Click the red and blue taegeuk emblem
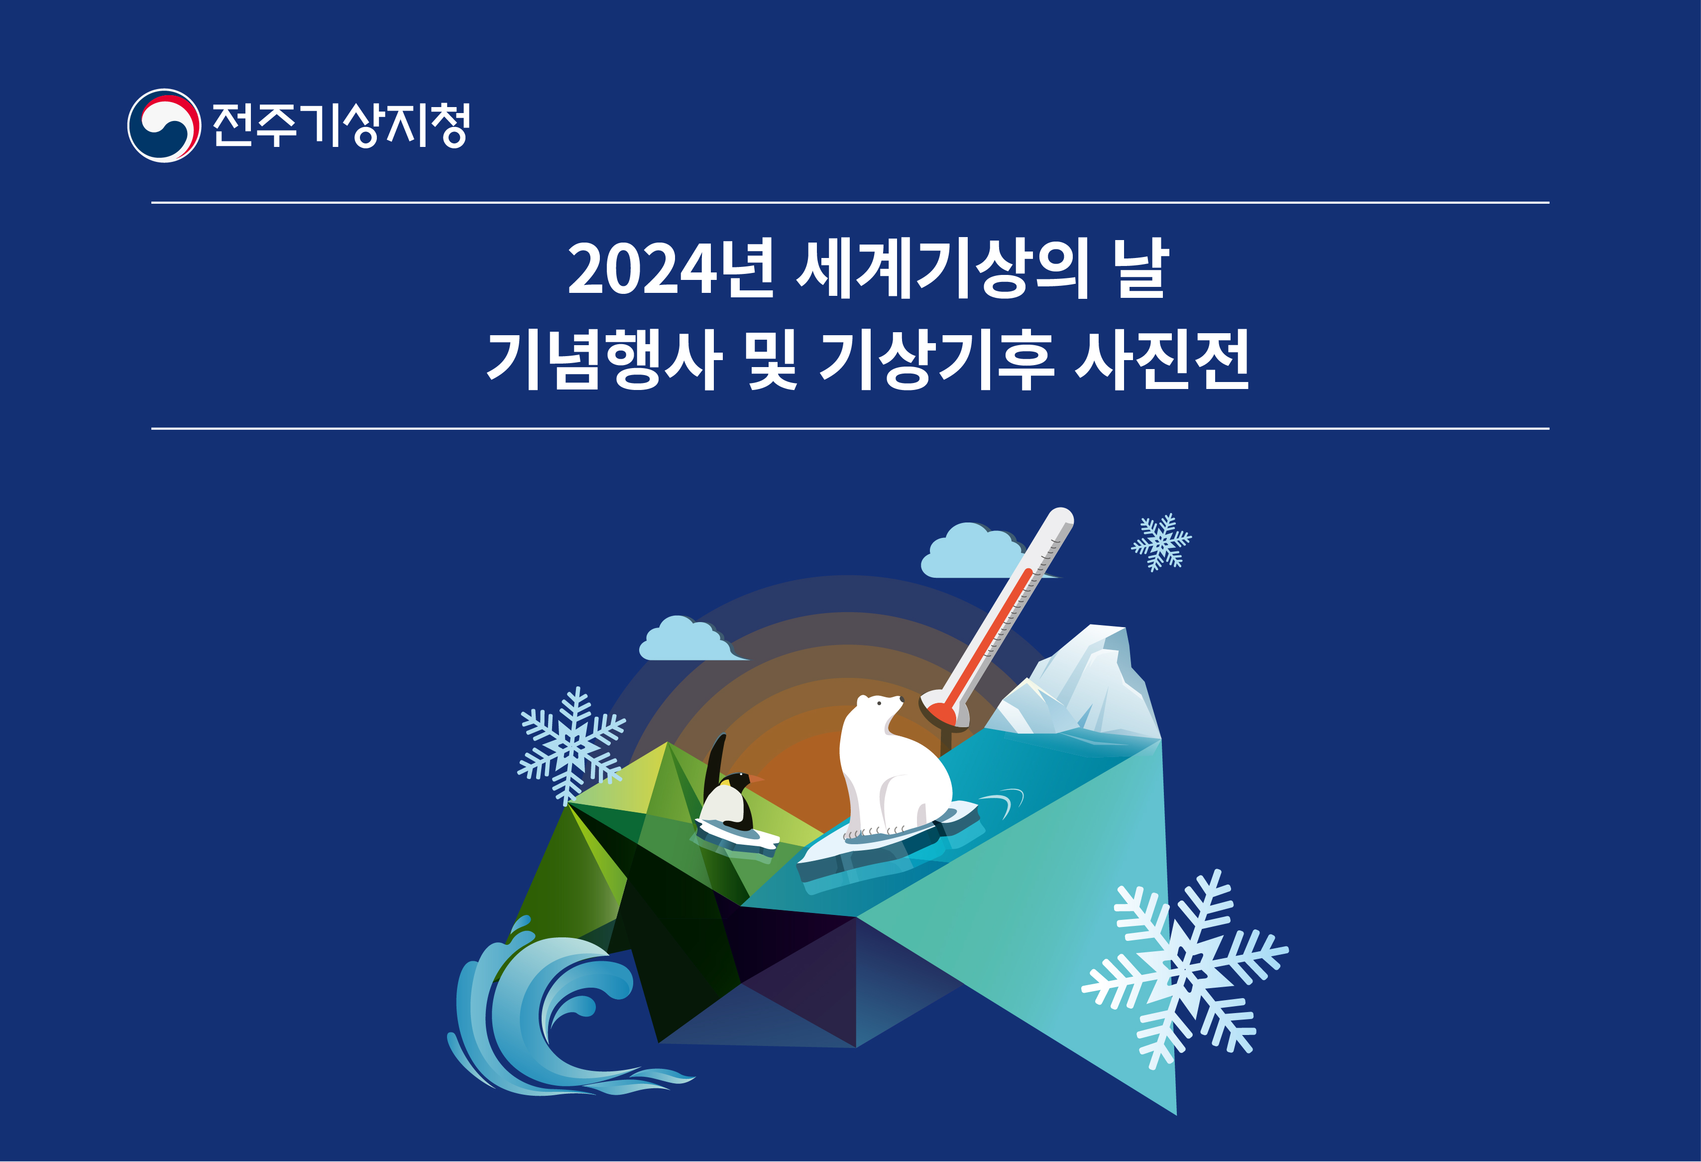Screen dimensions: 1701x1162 (164, 125)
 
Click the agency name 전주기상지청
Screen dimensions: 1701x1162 (341, 125)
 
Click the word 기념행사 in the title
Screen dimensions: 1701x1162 (604, 360)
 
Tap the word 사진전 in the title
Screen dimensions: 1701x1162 (1162, 360)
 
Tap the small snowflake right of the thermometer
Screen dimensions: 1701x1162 (1161, 542)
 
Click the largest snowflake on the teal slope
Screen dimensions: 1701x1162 (1184, 971)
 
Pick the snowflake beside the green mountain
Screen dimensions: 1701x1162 (571, 746)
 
